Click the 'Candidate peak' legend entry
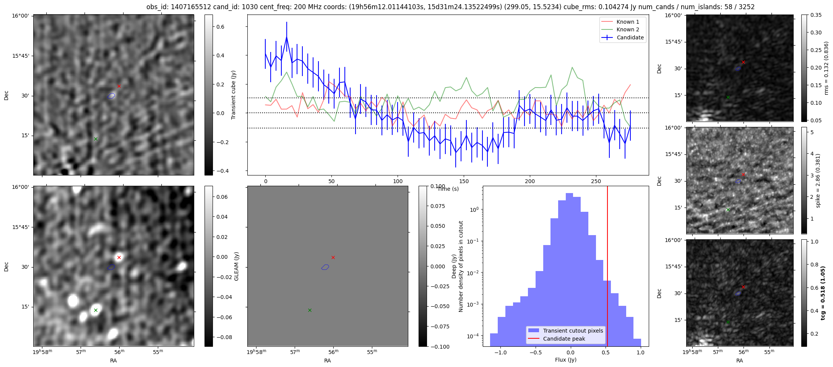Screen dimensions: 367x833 pos(564,339)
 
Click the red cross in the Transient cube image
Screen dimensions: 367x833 pos(119,86)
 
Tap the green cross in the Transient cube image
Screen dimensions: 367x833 pos(96,139)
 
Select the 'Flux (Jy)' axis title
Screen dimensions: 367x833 pos(565,360)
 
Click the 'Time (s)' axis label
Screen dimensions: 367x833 pos(448,189)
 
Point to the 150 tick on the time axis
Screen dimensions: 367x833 pos(464,181)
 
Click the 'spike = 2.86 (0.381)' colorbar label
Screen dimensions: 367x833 pos(818,181)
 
